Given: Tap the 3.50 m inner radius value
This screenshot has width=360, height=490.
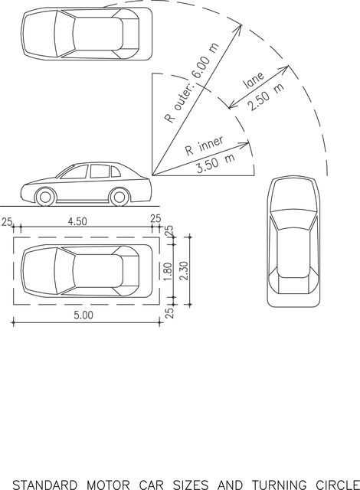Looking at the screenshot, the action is click(216, 163).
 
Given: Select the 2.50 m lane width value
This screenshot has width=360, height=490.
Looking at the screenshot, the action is click(267, 96).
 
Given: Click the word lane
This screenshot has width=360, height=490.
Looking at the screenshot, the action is click(254, 80).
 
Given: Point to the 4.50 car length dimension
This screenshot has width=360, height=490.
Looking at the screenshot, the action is click(77, 221).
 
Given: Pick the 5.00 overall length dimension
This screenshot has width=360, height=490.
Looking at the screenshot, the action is click(83, 315).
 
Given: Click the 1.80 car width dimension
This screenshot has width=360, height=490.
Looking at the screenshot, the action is click(168, 272).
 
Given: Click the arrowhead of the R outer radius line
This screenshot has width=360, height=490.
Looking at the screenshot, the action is click(239, 28).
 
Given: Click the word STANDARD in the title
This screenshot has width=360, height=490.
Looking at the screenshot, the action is click(45, 485).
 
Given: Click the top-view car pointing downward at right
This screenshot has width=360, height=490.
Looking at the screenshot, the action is click(293, 242).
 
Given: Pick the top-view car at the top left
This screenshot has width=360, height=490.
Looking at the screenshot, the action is click(87, 34).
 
